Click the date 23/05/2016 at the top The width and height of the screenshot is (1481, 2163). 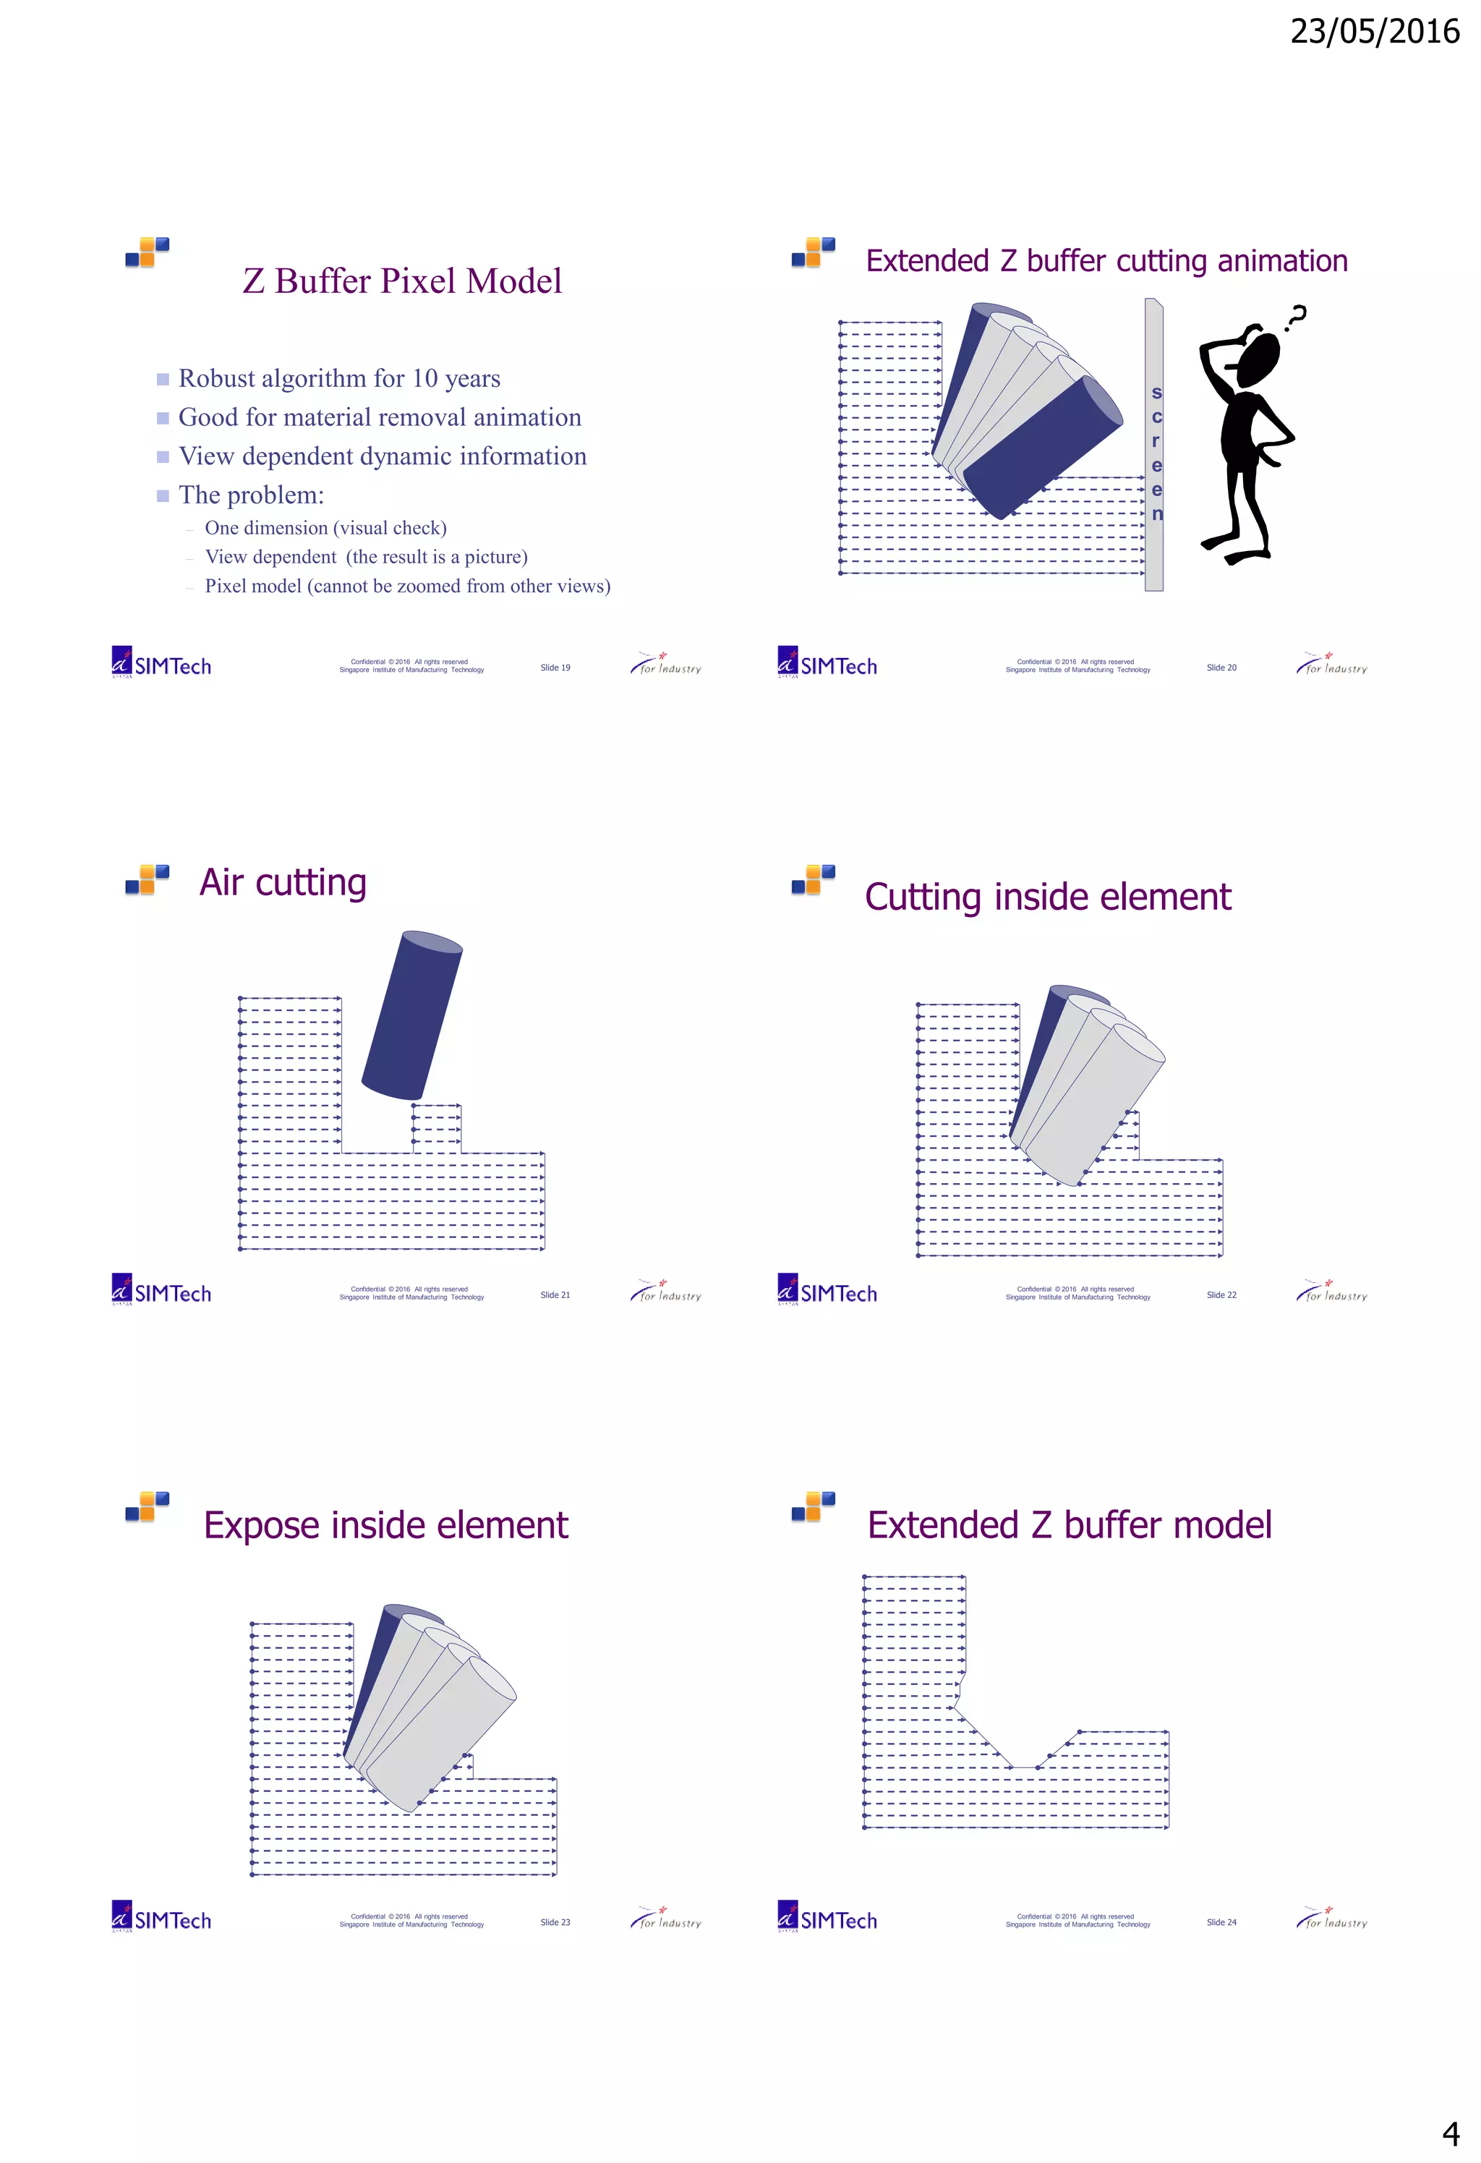point(1374,33)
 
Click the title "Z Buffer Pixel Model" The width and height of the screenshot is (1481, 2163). point(402,281)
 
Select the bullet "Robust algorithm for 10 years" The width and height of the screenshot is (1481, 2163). point(339,379)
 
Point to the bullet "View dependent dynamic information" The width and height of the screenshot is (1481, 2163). point(382,456)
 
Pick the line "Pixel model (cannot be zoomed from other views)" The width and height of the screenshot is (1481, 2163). point(407,586)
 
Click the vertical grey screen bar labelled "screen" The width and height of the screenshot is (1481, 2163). point(1154,447)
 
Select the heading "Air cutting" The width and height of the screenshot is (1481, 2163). point(283,882)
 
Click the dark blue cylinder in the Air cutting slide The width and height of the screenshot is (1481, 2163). point(412,1015)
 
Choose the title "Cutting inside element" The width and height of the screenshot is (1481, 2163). point(1047,897)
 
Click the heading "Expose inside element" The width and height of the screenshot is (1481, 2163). point(385,1525)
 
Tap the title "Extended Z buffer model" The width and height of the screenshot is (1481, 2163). point(1069,1525)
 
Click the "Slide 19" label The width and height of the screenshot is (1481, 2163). point(555,667)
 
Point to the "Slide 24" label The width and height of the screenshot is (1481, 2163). point(1221,1922)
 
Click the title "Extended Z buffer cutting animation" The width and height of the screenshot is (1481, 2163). point(1106,262)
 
